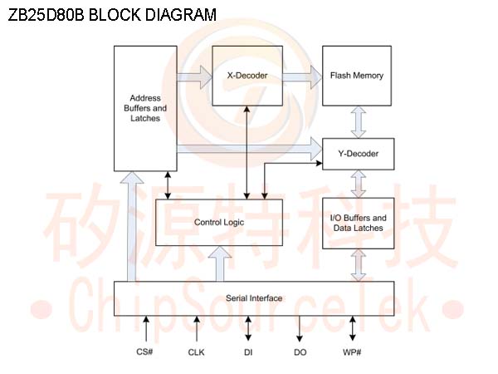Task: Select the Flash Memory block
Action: pos(356,76)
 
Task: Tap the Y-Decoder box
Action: pos(358,153)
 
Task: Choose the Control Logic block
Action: pos(218,222)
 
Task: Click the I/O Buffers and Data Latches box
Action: pos(358,223)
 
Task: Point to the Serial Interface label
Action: pos(254,298)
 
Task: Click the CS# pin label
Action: pos(145,352)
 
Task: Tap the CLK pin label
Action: pos(197,352)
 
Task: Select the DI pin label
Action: pos(248,352)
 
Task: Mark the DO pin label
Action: pos(300,352)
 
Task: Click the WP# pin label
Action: pos(352,352)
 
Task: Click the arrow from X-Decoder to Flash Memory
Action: pos(301,76)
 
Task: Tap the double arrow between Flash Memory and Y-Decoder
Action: pos(358,121)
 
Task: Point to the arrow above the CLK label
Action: pos(197,328)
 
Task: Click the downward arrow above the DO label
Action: pos(300,329)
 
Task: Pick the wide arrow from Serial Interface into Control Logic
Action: pos(221,263)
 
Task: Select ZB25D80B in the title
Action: pos(43,15)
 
